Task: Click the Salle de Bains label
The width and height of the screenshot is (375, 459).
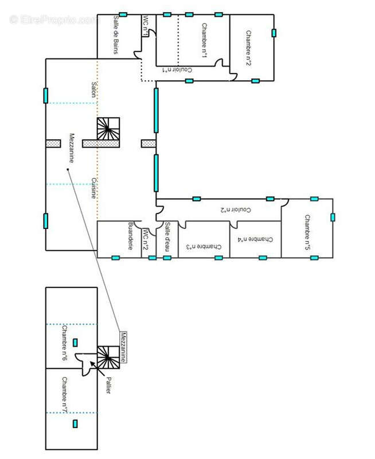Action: click(116, 34)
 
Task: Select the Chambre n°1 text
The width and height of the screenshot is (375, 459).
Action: click(205, 40)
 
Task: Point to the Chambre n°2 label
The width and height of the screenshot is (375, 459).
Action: click(248, 48)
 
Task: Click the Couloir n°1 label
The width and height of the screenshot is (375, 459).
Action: click(177, 70)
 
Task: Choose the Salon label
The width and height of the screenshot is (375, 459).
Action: click(93, 90)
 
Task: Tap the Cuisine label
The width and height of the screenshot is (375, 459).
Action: click(93, 188)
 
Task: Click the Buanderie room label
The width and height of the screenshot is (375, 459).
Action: click(131, 236)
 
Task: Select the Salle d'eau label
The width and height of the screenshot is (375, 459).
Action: click(167, 236)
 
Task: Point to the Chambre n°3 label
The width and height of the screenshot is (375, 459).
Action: click(204, 247)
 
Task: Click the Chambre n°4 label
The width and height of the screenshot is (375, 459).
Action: click(255, 239)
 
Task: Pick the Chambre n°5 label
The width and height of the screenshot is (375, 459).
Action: click(307, 232)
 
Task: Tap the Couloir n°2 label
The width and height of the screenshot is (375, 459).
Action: click(236, 209)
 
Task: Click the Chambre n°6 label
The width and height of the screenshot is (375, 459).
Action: click(65, 343)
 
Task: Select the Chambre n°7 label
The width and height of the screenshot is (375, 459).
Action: click(65, 395)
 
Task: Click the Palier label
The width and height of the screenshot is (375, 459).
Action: click(108, 385)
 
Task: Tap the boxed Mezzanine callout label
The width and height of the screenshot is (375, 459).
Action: click(123, 348)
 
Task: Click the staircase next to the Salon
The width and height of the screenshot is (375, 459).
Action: click(108, 129)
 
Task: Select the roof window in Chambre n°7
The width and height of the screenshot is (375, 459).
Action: click(75, 423)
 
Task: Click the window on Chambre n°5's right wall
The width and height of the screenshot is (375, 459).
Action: click(333, 217)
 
